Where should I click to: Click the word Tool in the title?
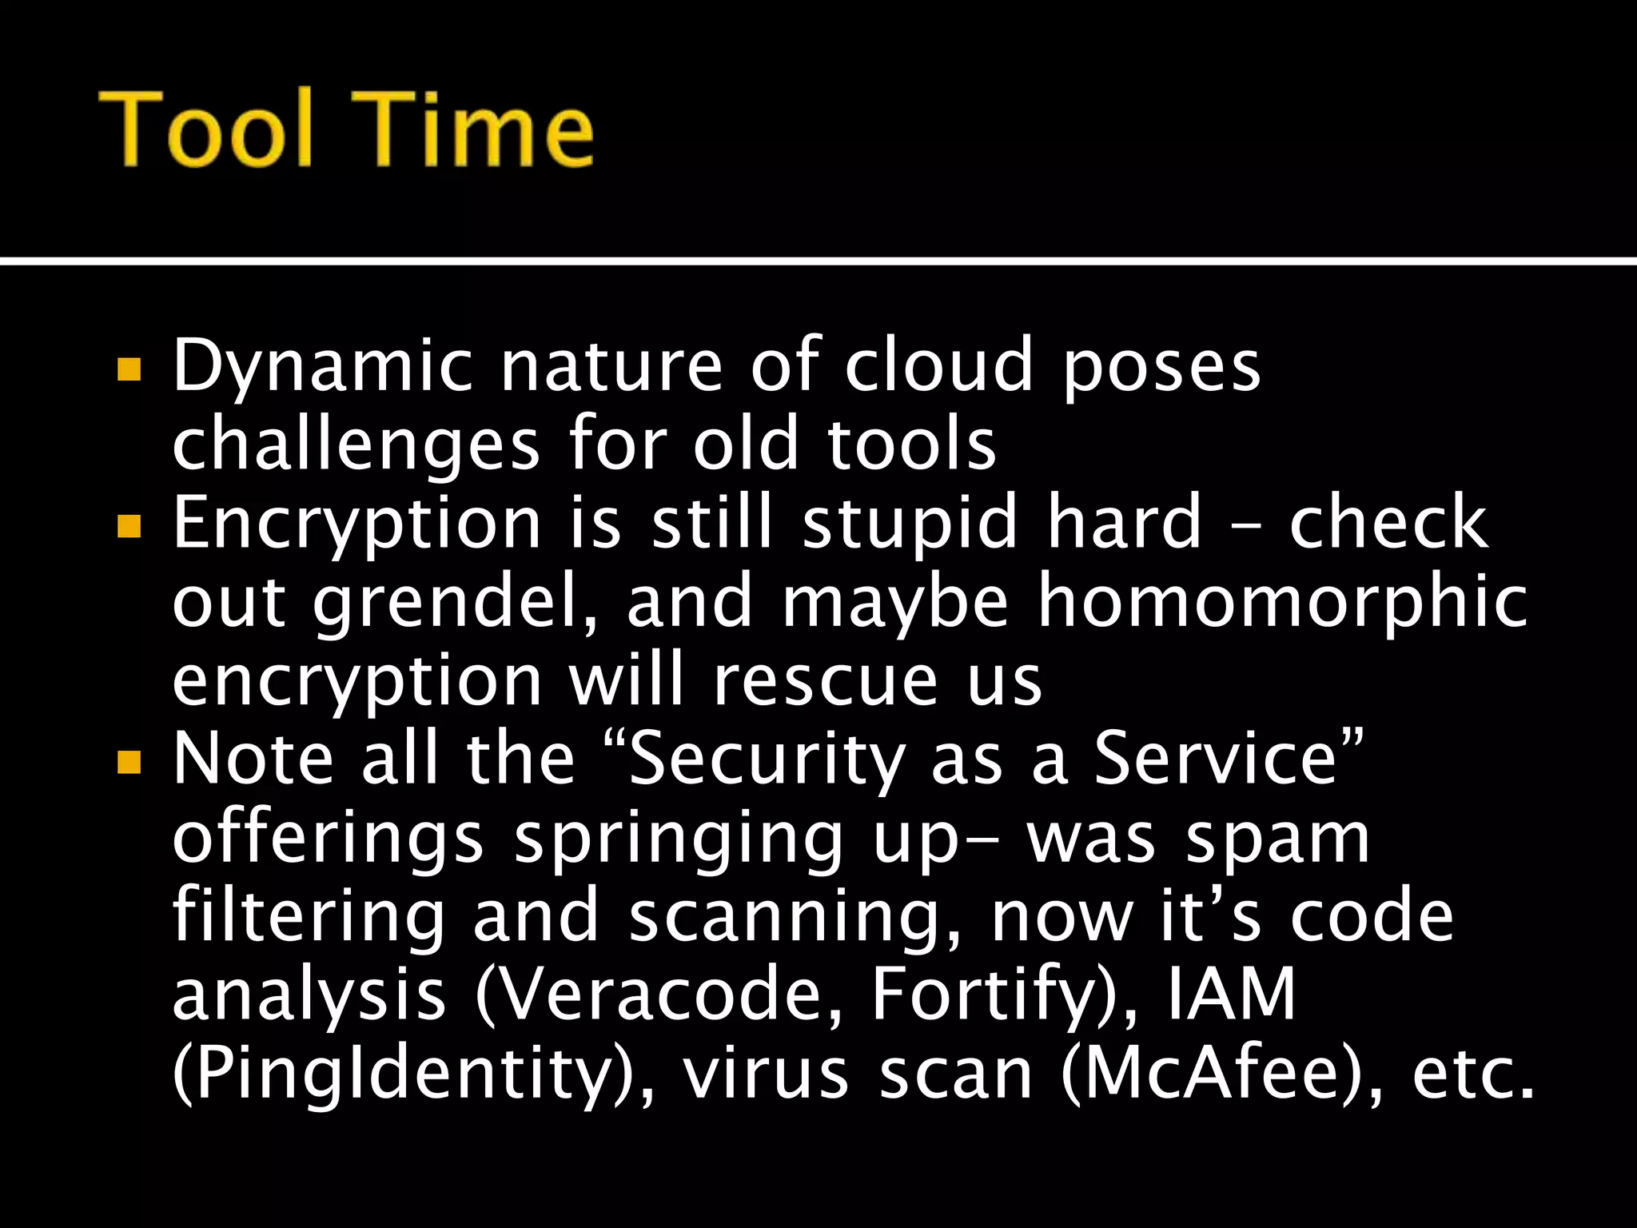click(206, 130)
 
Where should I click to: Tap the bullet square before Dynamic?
click(129, 369)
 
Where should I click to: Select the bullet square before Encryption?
click(129, 525)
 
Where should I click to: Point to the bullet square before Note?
click(129, 761)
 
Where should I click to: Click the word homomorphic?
click(1282, 601)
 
